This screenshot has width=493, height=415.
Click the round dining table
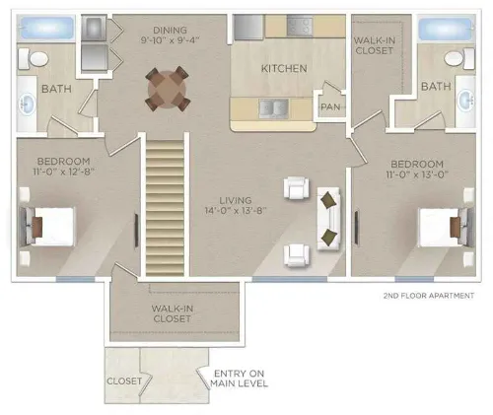pos(167,89)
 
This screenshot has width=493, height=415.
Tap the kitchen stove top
pos(300,27)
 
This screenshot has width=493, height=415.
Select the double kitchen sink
pos(274,108)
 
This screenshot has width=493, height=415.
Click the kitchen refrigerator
pos(248,27)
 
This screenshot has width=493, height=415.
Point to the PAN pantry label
pos(330,107)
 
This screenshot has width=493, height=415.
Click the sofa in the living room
pos(328,219)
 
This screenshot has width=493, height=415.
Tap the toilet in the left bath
pos(34,59)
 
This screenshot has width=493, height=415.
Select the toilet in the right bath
pos(459,58)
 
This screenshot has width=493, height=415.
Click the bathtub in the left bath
pos(45,29)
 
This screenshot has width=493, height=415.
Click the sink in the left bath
pos(28,104)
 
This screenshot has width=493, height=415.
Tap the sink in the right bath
pos(466,100)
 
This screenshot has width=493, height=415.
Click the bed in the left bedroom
pos(47,226)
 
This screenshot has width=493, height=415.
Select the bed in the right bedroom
pos(447,227)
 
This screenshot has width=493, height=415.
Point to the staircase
pos(165,208)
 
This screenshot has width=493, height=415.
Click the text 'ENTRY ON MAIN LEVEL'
pos(239,379)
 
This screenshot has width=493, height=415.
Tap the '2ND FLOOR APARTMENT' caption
pos(429,296)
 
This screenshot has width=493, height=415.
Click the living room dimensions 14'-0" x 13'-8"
pos(236,210)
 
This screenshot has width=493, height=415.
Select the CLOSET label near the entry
pos(124,380)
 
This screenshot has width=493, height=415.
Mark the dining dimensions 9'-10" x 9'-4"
pos(171,40)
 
